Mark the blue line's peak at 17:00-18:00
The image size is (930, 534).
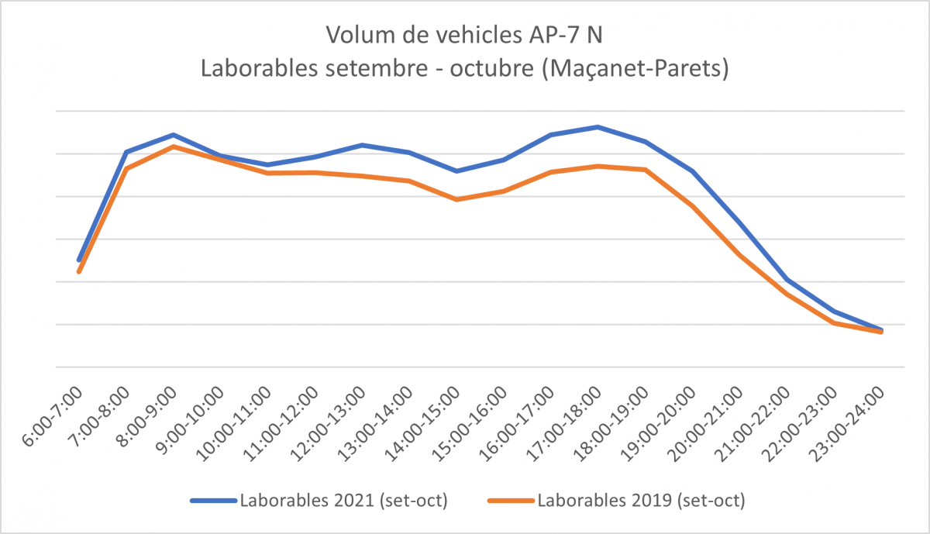tap(598, 126)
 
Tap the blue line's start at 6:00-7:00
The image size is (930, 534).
tap(79, 260)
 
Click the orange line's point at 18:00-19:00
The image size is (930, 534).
tap(645, 170)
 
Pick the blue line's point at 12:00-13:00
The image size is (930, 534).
tap(362, 145)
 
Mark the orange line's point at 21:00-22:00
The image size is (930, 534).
tap(787, 295)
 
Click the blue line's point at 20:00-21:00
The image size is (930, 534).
tap(739, 223)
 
